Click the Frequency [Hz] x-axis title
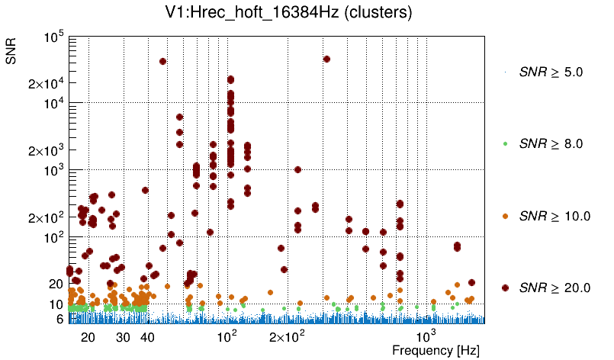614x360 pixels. click(436, 350)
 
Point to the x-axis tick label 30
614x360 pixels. click(123, 337)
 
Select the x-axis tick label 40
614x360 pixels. click(147, 337)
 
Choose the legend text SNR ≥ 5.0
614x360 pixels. click(550, 72)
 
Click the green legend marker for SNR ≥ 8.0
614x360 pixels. click(505, 144)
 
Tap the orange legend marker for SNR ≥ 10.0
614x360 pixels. click(505, 216)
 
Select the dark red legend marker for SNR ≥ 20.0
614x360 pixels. click(505, 288)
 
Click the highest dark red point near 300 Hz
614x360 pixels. click(326, 59)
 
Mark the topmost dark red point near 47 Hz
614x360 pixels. click(162, 61)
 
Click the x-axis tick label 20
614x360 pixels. click(88, 337)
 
